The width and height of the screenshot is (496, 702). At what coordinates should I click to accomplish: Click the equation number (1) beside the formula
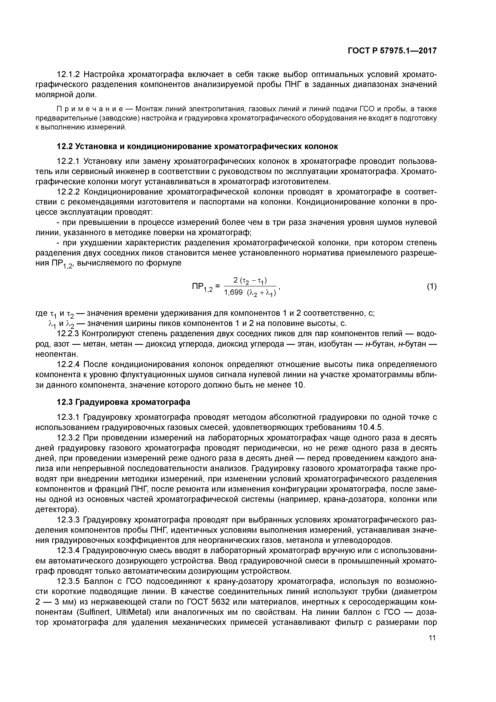point(432,287)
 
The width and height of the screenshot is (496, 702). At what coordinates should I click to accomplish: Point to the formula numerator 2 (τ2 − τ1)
point(250,280)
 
